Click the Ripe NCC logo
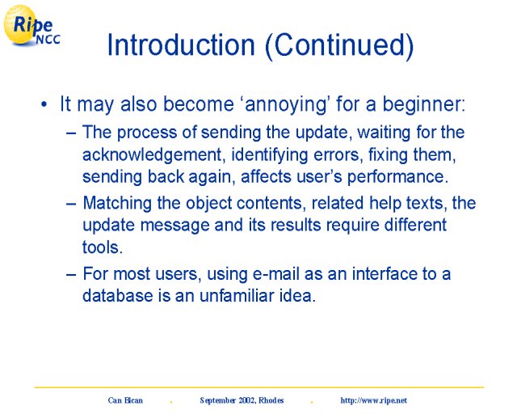click(32, 25)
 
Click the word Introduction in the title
click(181, 44)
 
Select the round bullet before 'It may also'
click(44, 104)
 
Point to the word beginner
click(423, 104)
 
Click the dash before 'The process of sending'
click(71, 133)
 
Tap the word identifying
click(270, 155)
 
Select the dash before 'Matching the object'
click(71, 204)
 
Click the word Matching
click(117, 204)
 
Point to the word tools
click(103, 247)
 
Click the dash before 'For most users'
click(71, 275)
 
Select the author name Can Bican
click(125, 400)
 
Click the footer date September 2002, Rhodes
click(242, 400)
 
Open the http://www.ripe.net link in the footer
click(373, 400)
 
